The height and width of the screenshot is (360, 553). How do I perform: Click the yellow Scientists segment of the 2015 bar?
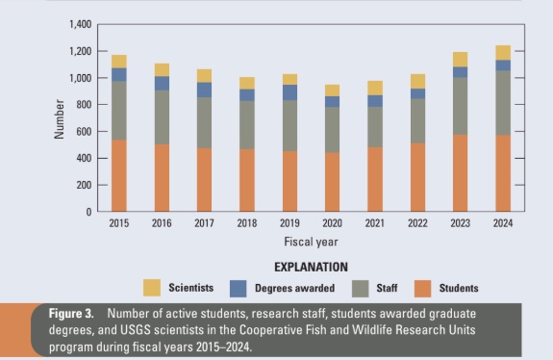click(119, 62)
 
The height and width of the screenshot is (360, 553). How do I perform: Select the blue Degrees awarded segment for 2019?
click(289, 92)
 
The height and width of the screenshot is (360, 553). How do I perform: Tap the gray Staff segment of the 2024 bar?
click(503, 103)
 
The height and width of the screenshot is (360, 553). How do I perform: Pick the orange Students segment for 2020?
click(332, 182)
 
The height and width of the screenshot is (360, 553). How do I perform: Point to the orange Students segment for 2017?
click(204, 180)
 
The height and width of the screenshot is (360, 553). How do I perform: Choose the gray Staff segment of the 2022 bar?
click(417, 120)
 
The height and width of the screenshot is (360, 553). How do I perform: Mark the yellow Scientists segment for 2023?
click(461, 60)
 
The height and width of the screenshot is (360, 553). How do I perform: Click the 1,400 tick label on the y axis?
click(81, 24)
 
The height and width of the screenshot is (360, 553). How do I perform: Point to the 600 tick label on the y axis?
click(84, 132)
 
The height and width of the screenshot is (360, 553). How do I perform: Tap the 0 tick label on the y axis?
click(88, 212)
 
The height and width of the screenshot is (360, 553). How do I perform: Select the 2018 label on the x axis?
click(247, 223)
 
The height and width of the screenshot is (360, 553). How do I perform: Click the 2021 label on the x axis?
click(375, 223)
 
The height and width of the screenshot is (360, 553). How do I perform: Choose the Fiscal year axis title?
click(311, 243)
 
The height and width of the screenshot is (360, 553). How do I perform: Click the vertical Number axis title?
click(60, 119)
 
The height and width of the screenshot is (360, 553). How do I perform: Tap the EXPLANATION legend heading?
click(311, 268)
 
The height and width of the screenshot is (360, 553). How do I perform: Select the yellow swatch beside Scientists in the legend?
click(152, 288)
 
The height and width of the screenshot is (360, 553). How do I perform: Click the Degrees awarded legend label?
click(295, 288)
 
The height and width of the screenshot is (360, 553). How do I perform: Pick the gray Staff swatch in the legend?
click(361, 289)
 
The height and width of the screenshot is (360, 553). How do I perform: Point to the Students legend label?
click(459, 288)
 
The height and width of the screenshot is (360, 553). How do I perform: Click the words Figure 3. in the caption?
click(71, 314)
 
